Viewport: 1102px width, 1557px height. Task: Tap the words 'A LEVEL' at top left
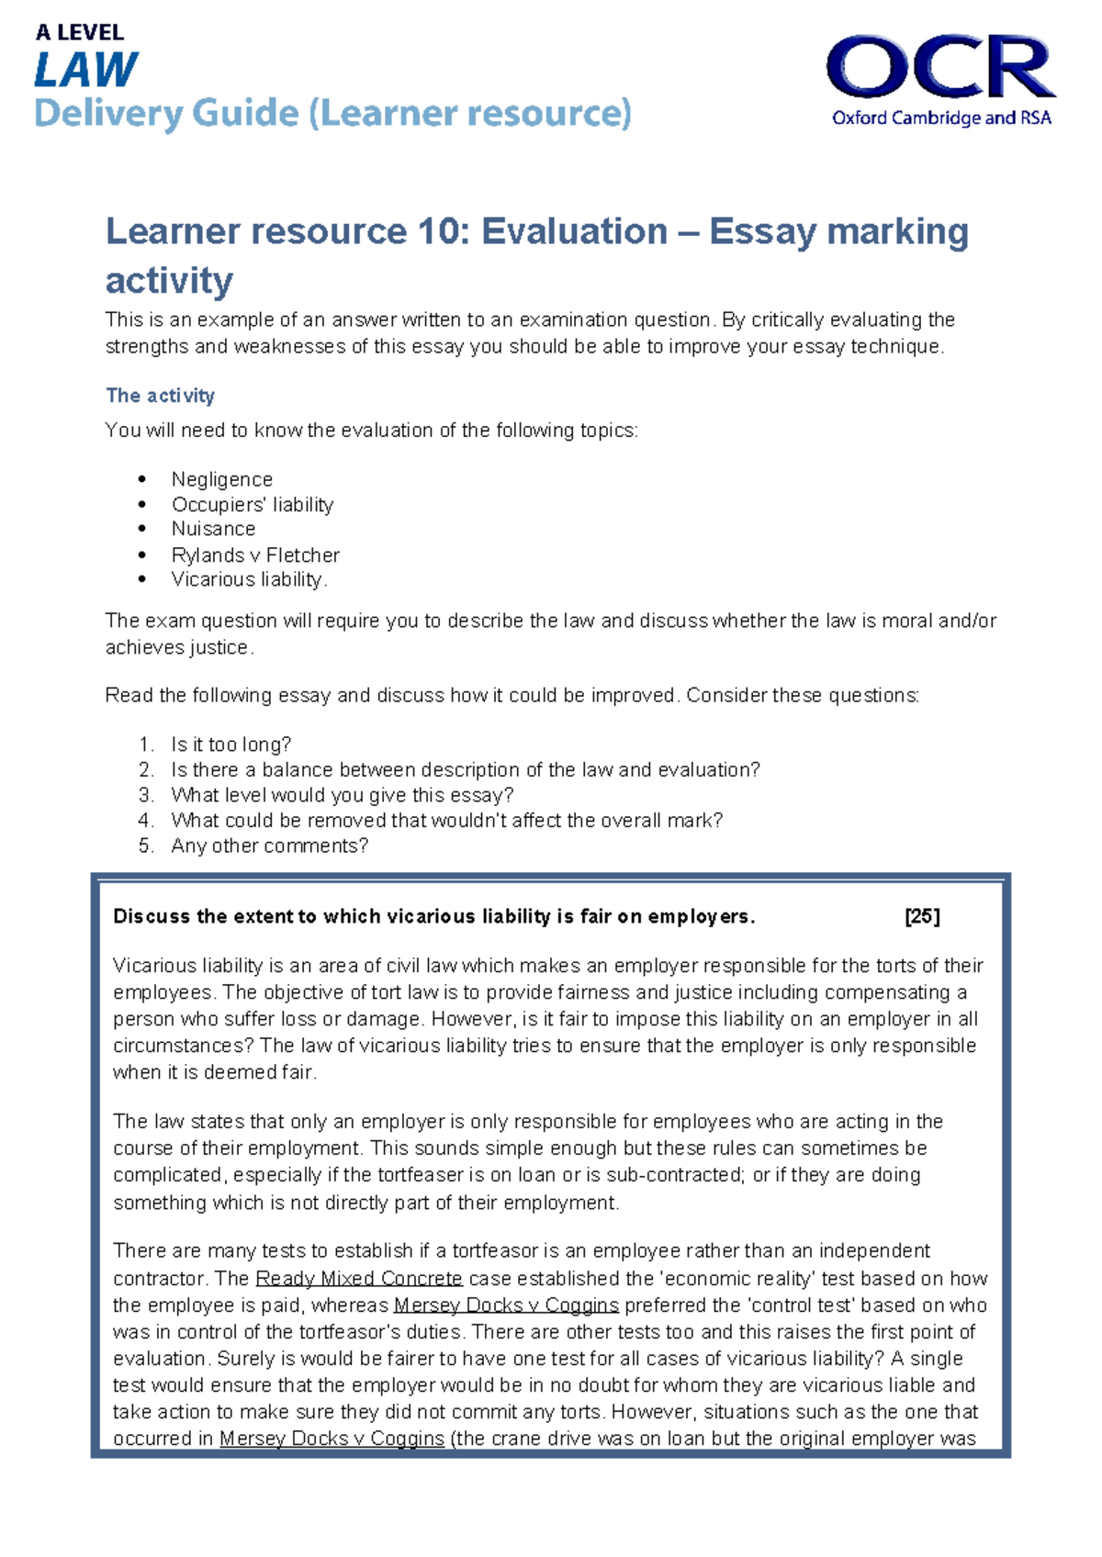79,33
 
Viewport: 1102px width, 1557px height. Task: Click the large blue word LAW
86,71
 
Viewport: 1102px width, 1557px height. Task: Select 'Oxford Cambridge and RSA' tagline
941,118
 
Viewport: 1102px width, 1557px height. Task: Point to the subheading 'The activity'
160,396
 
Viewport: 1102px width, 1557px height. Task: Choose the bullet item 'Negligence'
221,479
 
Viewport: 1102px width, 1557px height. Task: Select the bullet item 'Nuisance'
213,529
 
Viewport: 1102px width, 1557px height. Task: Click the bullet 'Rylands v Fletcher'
255,554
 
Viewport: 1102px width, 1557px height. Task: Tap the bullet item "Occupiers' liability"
252,504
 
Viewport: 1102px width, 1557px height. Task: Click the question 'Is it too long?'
231,745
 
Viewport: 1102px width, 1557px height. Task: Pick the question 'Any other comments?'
269,846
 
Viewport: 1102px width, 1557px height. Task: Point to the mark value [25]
922,916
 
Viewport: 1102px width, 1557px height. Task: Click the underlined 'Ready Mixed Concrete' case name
359,1278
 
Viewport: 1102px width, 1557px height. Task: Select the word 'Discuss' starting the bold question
151,916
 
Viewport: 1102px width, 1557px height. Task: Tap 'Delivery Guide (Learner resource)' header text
332,114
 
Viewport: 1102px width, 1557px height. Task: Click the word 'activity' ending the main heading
169,280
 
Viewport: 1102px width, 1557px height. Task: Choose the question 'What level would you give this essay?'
342,795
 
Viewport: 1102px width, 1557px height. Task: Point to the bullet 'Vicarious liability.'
249,579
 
